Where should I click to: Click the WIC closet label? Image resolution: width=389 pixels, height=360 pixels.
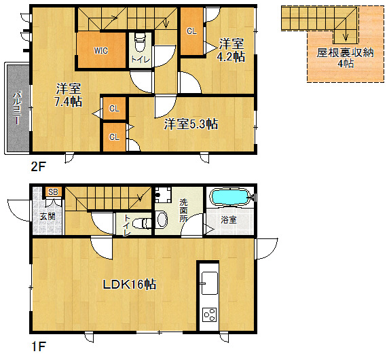[100, 51]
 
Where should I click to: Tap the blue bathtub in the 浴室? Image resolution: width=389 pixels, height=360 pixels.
[229, 198]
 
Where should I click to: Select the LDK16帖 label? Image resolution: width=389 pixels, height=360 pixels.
[130, 285]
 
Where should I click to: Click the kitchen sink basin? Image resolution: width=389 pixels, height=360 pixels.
[210, 283]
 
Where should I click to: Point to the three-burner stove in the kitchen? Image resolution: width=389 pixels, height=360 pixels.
[210, 314]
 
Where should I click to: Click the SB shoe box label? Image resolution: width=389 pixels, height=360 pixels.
[53, 192]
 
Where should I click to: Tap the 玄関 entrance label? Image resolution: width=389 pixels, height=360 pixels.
[48, 217]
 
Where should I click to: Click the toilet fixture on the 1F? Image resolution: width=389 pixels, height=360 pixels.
[142, 223]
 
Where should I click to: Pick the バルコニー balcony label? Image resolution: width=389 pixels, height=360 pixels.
[17, 108]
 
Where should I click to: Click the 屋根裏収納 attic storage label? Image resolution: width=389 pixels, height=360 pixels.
[345, 52]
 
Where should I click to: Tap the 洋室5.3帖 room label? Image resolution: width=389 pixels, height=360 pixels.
[191, 124]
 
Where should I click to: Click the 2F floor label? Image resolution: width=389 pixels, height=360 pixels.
[38, 166]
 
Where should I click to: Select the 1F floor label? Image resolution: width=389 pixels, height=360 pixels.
[39, 346]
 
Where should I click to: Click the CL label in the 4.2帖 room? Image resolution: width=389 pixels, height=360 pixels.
[191, 31]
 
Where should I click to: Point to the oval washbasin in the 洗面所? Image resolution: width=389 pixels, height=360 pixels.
[162, 219]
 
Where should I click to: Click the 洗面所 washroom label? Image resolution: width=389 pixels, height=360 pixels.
[183, 211]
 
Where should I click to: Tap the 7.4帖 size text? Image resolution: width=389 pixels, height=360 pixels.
[69, 101]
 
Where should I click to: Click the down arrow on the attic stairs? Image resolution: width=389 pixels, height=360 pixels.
[346, 36]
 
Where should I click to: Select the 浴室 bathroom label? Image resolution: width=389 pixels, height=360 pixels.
[229, 219]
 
